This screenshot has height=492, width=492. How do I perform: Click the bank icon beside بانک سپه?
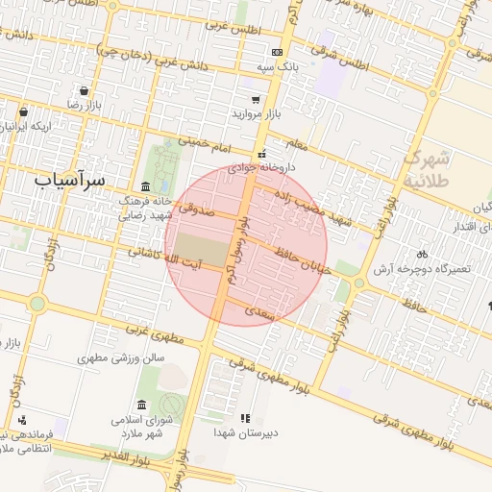(277, 52)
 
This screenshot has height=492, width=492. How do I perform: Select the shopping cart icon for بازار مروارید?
(256, 99)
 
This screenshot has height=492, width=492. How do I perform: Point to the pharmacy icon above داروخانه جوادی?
(261, 154)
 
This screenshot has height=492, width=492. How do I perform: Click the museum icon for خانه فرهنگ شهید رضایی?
(145, 185)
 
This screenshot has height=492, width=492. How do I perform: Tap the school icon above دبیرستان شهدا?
(245, 419)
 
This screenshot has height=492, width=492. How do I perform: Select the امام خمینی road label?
(209, 145)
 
